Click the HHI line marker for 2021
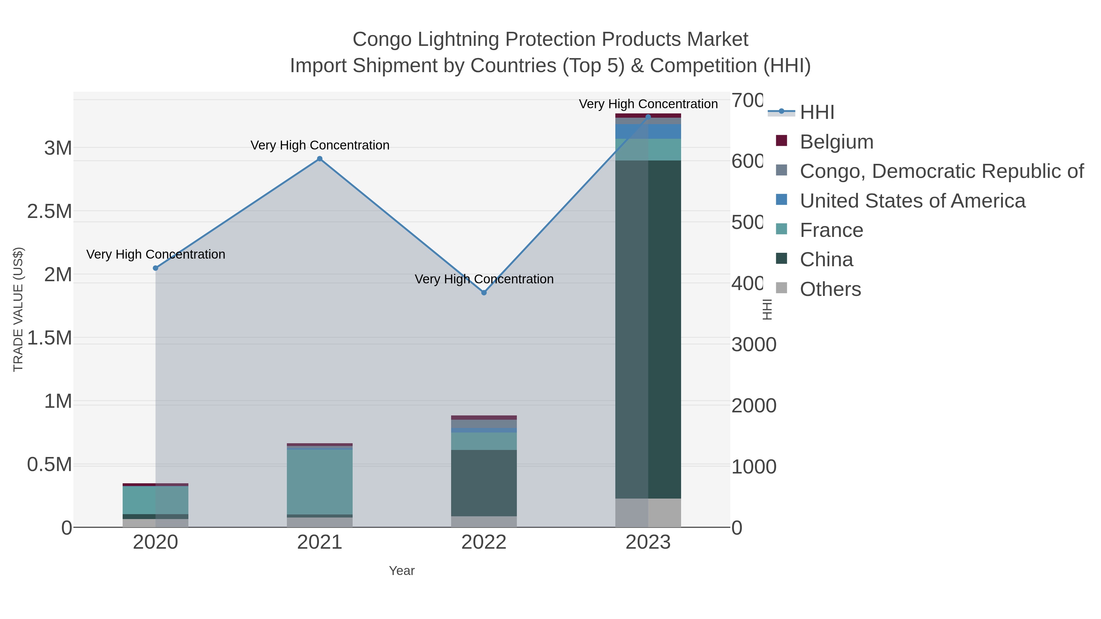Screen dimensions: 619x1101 click(320, 159)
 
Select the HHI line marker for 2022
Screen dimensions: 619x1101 click(484, 293)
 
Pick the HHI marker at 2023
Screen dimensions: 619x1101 click(648, 117)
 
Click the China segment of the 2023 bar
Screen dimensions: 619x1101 click(648, 329)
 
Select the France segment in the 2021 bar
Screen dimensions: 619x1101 click(320, 482)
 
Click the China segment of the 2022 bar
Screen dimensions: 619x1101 click(484, 483)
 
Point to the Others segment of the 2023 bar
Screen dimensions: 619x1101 click(648, 513)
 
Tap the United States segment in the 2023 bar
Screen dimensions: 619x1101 click(648, 131)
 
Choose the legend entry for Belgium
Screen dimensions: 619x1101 click(836, 142)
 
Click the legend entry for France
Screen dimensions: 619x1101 click(831, 230)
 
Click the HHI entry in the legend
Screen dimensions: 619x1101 click(816, 112)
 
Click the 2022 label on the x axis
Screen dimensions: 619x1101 click(484, 543)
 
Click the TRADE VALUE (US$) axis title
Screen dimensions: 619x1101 click(18, 309)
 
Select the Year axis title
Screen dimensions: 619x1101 click(401, 571)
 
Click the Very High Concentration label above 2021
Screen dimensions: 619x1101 click(320, 145)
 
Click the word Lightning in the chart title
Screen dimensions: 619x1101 click(459, 39)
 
